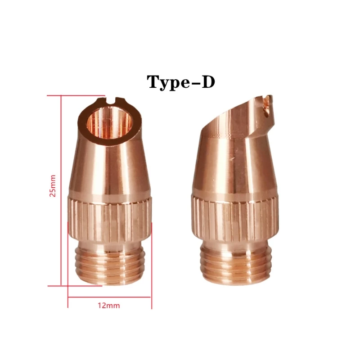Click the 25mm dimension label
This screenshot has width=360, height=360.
53,186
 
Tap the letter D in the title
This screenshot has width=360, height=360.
207,82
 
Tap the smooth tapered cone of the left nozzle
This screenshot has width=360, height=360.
110,166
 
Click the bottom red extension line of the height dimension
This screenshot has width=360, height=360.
67,285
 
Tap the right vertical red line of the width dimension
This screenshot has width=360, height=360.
152,270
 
